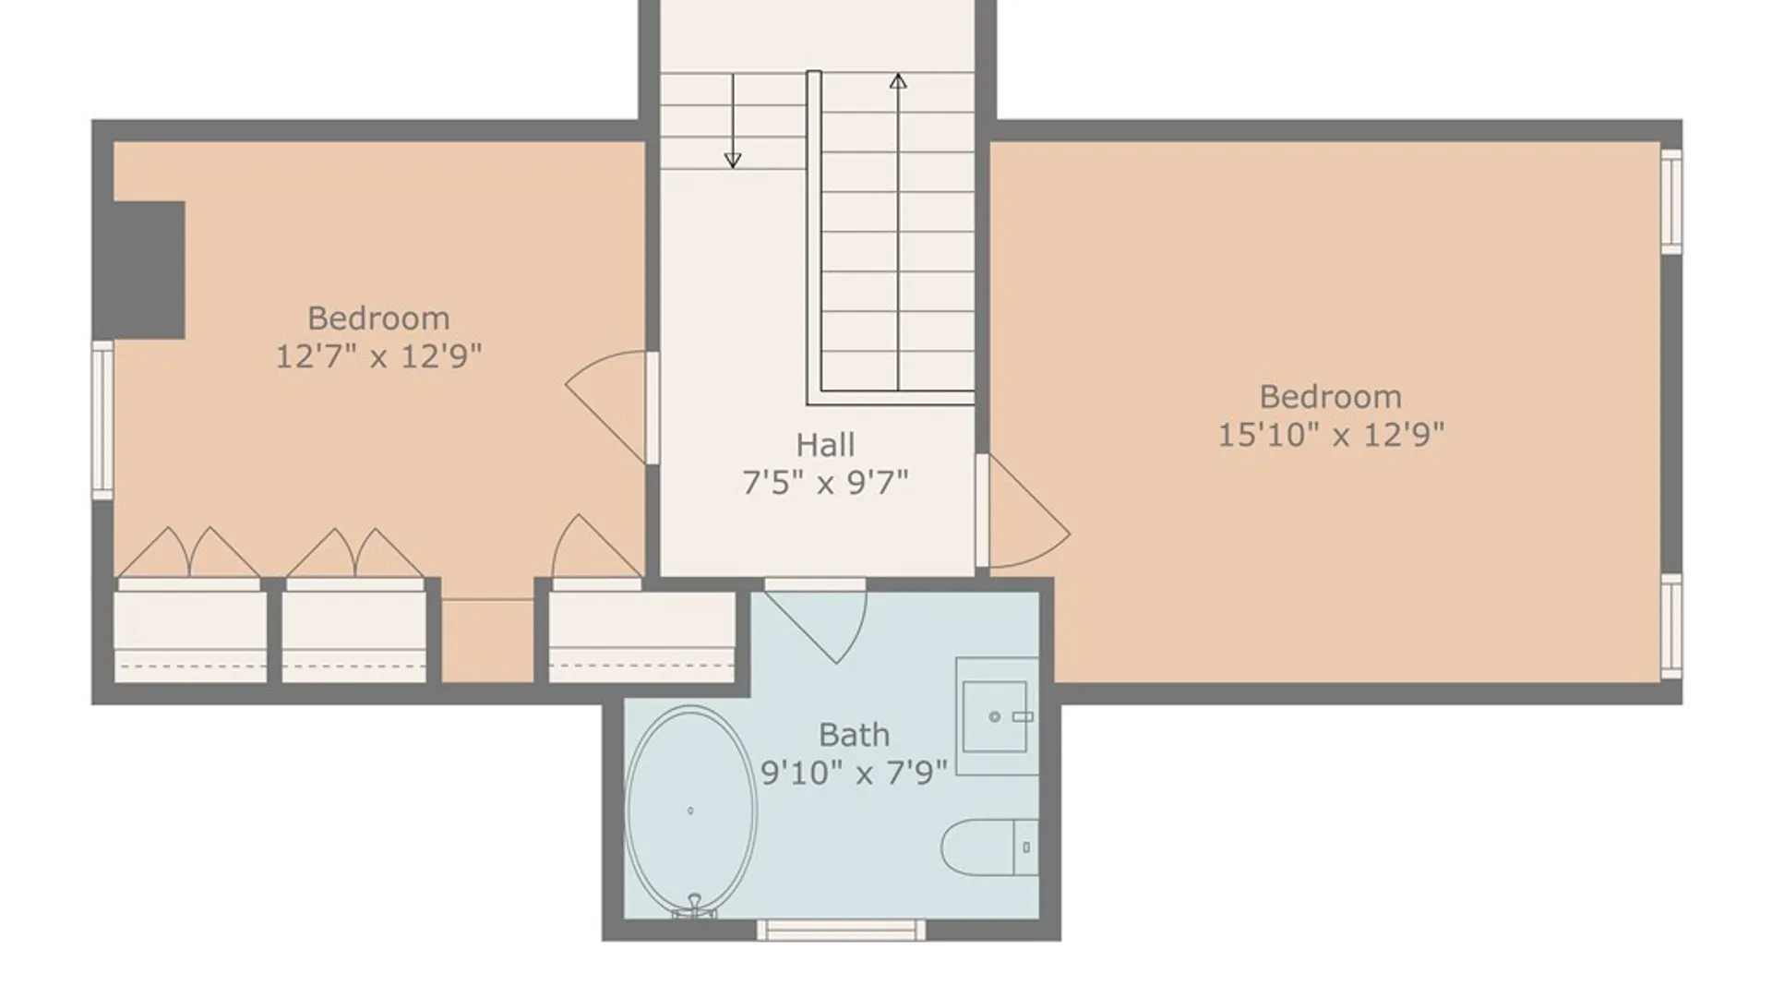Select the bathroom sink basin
[994, 716]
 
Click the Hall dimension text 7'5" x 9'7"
[825, 482]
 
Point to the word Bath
[854, 735]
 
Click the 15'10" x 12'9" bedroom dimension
[1330, 435]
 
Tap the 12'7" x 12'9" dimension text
[378, 355]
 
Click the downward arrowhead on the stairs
[733, 160]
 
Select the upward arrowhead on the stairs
[898, 81]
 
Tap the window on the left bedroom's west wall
[102, 420]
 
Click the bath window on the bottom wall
[841, 930]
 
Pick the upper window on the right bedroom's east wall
[1671, 200]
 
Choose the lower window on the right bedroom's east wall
[1671, 626]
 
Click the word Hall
[825, 445]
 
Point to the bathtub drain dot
[690, 811]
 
